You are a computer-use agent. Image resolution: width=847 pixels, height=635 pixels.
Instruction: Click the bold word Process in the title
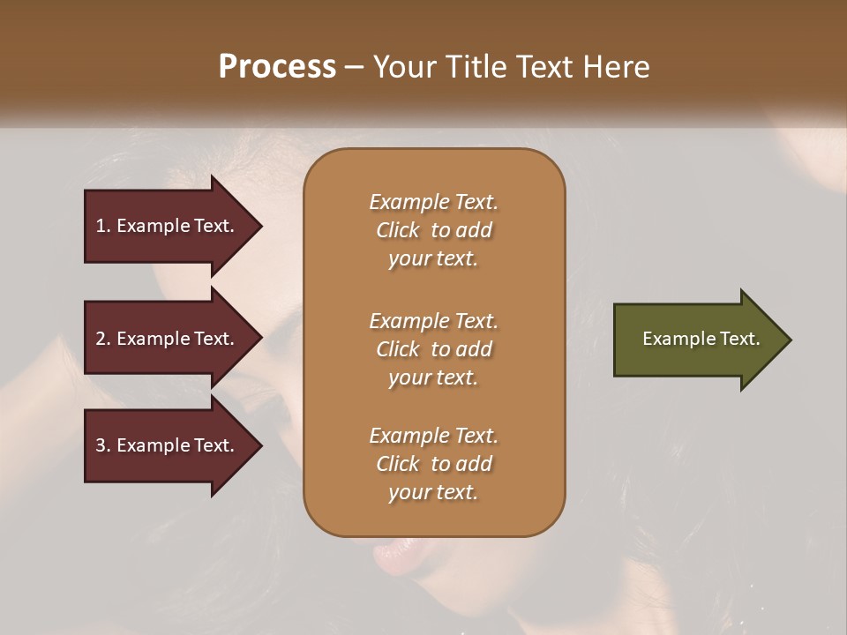[x=277, y=67]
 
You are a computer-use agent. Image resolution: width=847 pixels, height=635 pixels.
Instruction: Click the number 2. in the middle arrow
[x=103, y=339]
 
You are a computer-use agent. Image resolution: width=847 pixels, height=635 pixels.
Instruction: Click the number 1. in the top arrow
[x=103, y=226]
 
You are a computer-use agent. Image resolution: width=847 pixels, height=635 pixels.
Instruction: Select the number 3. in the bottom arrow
[x=103, y=445]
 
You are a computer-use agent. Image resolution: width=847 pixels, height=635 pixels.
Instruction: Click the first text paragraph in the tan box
[x=433, y=230]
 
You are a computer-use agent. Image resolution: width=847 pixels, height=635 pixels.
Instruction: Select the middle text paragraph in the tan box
[x=433, y=349]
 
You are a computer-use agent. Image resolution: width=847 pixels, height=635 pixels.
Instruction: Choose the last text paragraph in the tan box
[x=433, y=464]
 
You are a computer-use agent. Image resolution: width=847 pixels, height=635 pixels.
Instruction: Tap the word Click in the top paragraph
[x=398, y=230]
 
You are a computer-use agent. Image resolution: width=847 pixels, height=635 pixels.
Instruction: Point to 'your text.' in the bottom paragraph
[x=433, y=492]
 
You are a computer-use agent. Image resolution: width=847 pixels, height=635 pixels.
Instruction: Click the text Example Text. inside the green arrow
[x=701, y=339]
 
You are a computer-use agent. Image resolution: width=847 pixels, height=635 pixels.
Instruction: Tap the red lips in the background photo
[x=389, y=555]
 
